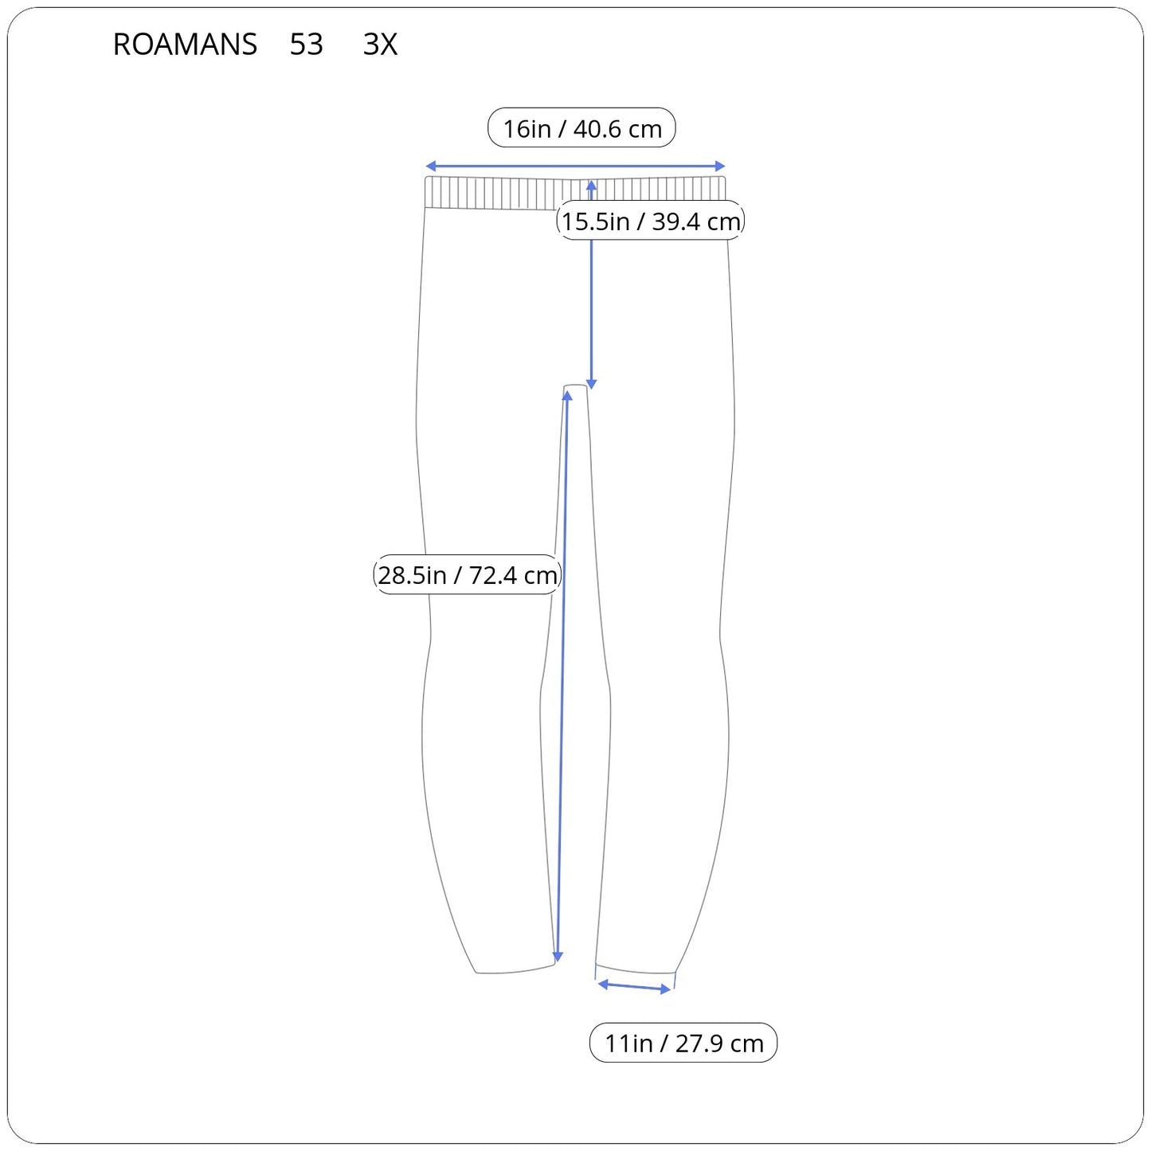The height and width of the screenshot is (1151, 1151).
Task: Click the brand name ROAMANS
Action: [185, 44]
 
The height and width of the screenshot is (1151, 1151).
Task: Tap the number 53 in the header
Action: [307, 44]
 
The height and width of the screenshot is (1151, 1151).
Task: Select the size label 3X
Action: [380, 44]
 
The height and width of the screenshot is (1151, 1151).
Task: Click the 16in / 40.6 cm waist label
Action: [581, 127]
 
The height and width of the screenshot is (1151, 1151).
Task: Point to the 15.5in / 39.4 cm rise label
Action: [651, 221]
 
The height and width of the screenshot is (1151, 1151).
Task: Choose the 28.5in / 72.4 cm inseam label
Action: [467, 574]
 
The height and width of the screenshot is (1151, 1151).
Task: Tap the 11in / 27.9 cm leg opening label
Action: [683, 1043]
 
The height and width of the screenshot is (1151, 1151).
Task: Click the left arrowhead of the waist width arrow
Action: [430, 166]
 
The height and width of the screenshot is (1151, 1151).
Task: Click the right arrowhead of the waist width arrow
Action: [720, 166]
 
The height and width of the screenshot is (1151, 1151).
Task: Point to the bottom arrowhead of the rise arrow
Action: [591, 385]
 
